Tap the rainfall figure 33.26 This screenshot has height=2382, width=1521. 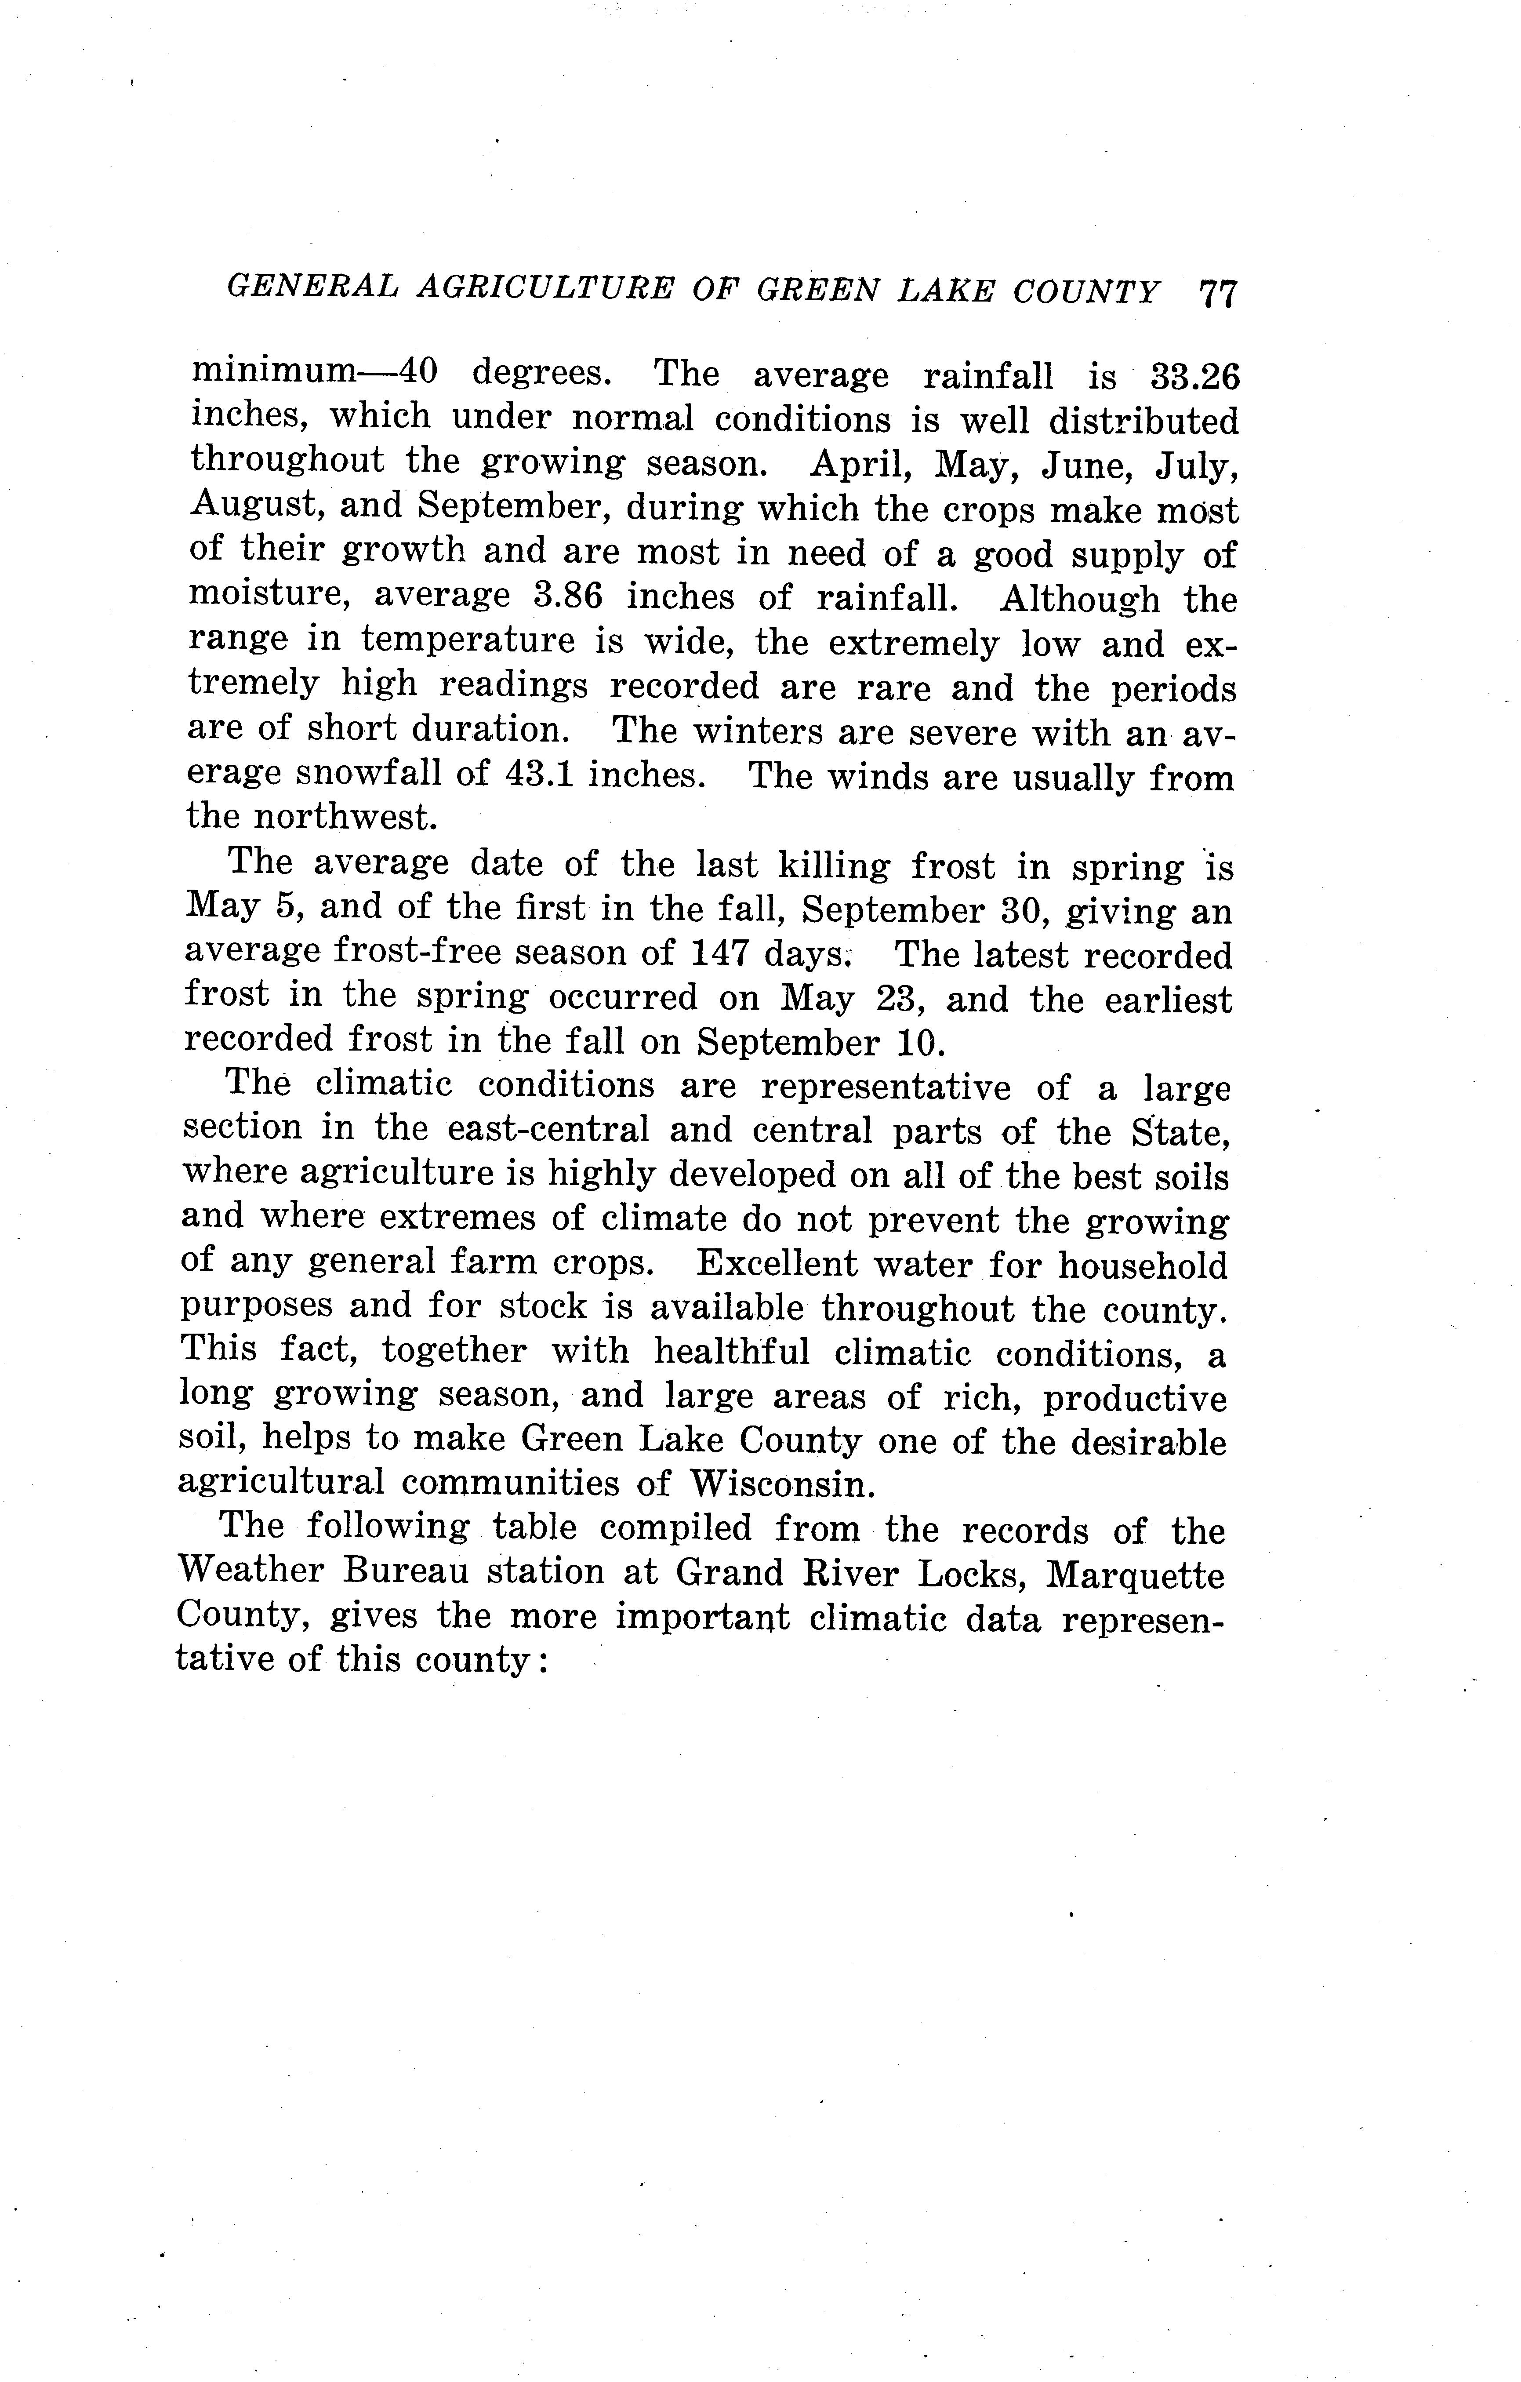[x=1194, y=377]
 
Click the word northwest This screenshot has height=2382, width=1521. [x=344, y=817]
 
